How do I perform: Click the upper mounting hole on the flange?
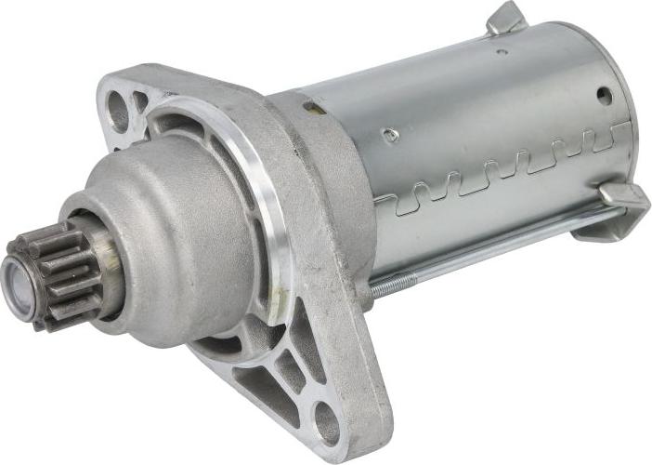click(119, 112)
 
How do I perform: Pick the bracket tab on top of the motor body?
click(509, 19)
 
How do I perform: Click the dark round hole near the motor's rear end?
click(605, 95)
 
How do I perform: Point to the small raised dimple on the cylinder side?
click(391, 136)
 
